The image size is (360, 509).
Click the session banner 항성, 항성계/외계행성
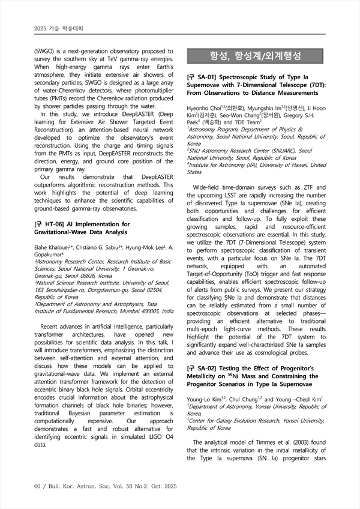pyautogui.click(x=256, y=57)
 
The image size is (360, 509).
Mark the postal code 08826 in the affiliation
pyautogui.click(x=89, y=276)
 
